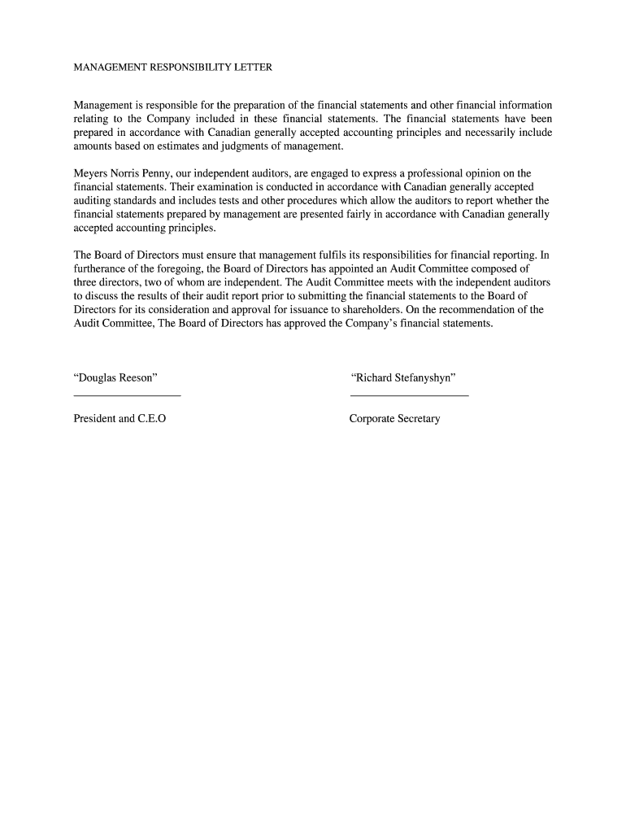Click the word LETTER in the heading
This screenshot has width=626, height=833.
coord(251,68)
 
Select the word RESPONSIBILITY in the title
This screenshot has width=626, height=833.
coord(184,68)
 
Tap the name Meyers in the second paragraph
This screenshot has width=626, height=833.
coord(91,173)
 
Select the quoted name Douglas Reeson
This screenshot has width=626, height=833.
coord(115,378)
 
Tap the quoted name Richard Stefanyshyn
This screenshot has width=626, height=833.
coord(402,378)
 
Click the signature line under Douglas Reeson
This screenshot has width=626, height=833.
coord(127,395)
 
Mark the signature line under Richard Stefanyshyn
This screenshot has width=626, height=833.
coord(409,395)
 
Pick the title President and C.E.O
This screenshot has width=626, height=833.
coord(120,419)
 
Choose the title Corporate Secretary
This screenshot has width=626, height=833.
coord(394,419)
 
